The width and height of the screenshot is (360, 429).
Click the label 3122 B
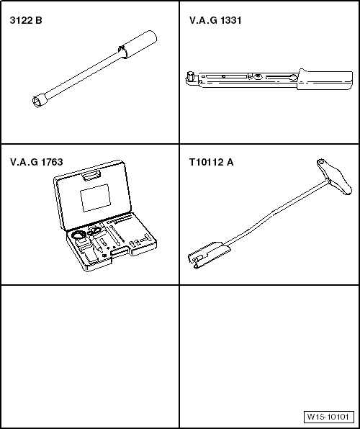[26, 21]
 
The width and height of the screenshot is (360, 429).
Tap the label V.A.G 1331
[215, 21]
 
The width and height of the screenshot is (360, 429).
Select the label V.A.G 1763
[37, 162]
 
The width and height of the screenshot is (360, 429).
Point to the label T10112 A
[212, 162]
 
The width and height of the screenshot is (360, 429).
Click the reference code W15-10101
[328, 417]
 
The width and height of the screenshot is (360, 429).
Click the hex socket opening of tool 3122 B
[37, 101]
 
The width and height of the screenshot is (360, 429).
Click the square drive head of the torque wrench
[189, 76]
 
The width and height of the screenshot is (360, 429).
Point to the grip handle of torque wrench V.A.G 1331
[325, 79]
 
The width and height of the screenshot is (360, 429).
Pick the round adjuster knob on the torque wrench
[257, 77]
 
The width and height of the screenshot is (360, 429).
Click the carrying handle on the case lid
[91, 175]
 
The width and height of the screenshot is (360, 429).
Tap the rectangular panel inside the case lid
[95, 198]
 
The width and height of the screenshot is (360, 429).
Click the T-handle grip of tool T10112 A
[334, 177]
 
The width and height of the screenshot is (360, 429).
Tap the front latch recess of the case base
[120, 251]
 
